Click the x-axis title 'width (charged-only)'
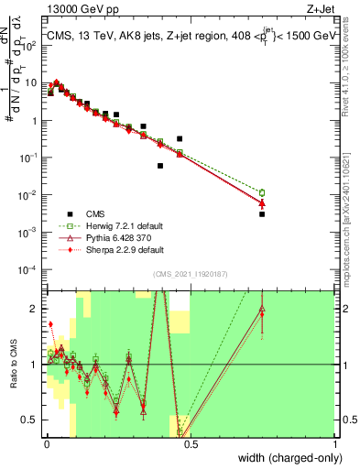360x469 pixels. coord(286,458)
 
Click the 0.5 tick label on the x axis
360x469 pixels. coord(190,444)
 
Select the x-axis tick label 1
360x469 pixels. coord(336,444)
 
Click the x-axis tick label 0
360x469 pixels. coord(45,444)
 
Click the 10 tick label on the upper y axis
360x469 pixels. coord(32,82)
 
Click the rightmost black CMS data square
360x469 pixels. coord(262,213)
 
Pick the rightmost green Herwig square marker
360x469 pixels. coord(262,193)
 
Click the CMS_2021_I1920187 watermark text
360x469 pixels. coord(190,274)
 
